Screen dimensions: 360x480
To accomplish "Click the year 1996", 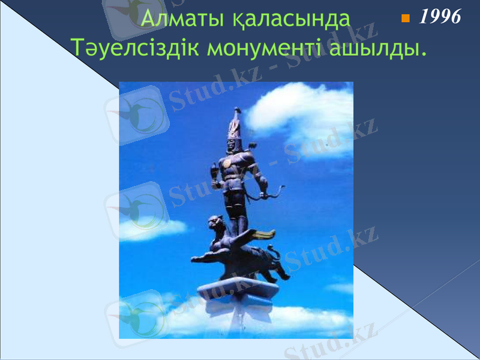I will (440, 17).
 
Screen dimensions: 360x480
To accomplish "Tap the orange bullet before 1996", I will (405, 19).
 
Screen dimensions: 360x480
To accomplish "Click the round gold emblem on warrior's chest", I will (227, 163).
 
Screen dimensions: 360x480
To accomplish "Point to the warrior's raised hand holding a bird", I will (214, 170).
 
